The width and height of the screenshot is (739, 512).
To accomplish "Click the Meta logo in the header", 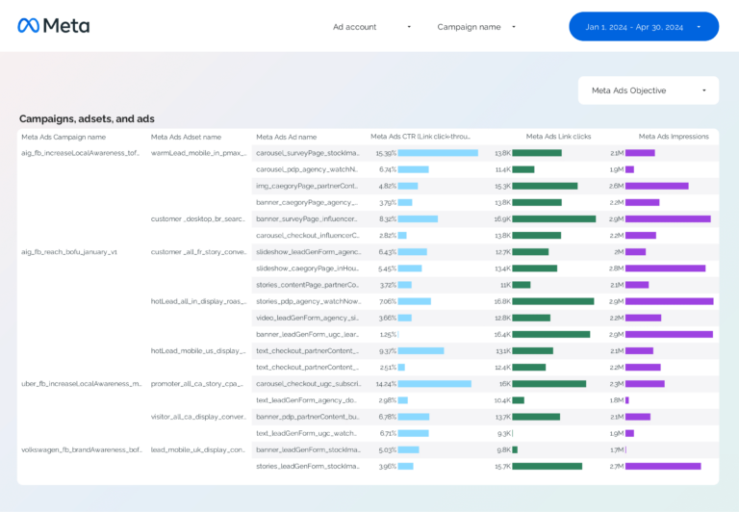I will pos(53,26).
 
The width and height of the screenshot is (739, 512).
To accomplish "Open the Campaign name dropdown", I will pos(476,27).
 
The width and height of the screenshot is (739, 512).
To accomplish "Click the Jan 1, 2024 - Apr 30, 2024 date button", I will pos(643,27).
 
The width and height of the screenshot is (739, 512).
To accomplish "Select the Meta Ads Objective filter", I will pos(648,90).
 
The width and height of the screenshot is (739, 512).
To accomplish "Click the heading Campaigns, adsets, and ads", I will pos(87,119).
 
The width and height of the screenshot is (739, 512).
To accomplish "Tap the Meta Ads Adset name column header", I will pos(186,137).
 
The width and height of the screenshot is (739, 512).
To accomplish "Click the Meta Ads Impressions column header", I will pos(674,137).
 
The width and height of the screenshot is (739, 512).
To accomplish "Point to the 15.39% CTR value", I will pos(385,153).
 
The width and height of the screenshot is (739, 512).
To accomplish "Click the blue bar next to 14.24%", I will pos(434,383).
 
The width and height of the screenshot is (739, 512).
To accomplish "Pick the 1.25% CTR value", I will pos(387,334).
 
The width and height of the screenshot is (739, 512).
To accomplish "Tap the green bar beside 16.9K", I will pos(553,218).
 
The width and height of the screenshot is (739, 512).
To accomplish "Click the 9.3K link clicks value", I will pos(502,433).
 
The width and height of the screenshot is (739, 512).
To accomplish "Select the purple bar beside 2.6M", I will pos(656,186).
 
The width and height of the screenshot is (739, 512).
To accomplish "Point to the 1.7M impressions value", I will pos(616,449).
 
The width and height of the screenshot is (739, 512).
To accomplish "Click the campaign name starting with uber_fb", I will pos(81,383).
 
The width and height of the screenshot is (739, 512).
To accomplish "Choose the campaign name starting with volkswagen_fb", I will pos(81,449).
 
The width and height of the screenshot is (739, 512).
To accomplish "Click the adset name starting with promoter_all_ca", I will pos(196,383).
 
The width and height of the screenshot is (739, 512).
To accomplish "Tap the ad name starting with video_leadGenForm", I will pos(306,318).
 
